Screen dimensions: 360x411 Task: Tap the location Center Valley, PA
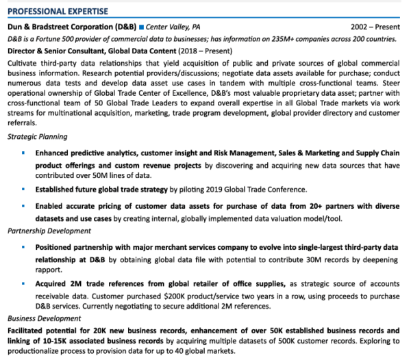pyautogui.click(x=173, y=27)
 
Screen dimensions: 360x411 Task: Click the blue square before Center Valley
pyautogui.click(x=141, y=27)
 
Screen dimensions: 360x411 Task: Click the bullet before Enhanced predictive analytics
pyautogui.click(x=23, y=153)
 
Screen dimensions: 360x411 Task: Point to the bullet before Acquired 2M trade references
pyautogui.click(x=23, y=283)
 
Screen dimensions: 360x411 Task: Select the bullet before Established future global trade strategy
pyautogui.click(x=23, y=189)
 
